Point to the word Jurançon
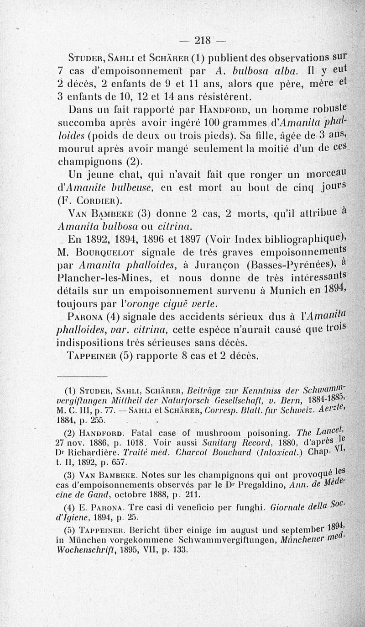click(x=217, y=266)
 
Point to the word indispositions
click(x=103, y=342)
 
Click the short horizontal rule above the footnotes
click(x=82, y=376)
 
